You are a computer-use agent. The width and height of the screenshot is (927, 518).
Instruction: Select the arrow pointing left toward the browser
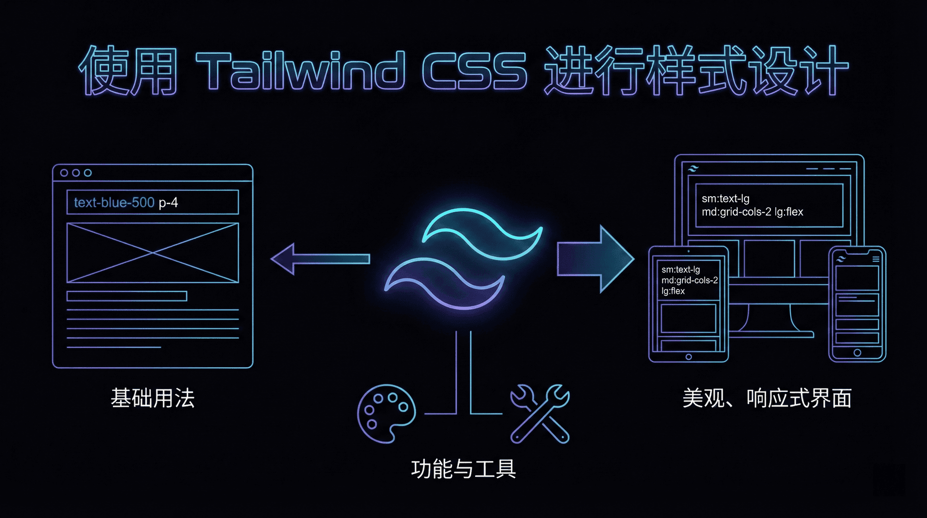(x=319, y=259)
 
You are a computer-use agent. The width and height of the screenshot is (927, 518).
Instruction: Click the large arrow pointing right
(x=595, y=259)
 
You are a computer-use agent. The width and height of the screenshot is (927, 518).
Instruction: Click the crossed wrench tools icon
(x=540, y=414)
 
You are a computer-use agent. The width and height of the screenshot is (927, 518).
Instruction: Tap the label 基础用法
(x=153, y=399)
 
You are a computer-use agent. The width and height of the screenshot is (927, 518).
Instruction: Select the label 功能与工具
(x=463, y=469)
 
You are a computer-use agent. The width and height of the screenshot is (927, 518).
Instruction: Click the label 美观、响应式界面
(x=767, y=399)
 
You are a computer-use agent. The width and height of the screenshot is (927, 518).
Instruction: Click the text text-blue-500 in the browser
(x=114, y=202)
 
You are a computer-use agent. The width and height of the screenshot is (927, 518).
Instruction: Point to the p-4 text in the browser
(x=169, y=203)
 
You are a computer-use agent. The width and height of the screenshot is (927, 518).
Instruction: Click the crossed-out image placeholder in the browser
(x=153, y=253)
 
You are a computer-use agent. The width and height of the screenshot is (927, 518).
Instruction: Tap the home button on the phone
(x=857, y=353)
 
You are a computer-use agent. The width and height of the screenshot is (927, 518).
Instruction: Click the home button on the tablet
(x=688, y=357)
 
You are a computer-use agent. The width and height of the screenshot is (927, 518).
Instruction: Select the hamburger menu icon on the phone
(x=876, y=259)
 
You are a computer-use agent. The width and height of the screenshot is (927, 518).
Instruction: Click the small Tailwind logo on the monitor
(x=693, y=169)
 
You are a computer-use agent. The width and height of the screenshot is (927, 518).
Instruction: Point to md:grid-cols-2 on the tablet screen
(x=689, y=280)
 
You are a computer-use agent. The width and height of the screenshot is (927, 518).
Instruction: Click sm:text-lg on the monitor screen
(x=725, y=199)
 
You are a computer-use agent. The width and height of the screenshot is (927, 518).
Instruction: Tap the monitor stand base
(x=772, y=333)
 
